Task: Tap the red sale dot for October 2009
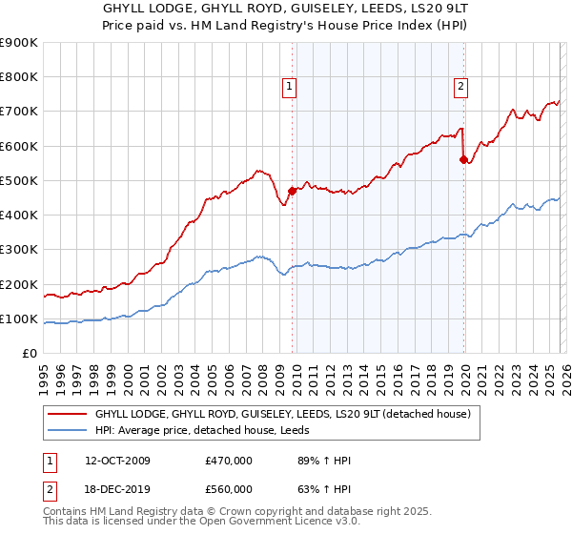[292, 191]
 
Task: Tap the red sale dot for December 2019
[463, 160]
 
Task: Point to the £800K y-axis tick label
[19, 77]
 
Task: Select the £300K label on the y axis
[19, 250]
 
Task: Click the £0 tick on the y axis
[30, 354]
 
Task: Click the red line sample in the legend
[68, 414]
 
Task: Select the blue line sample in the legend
[68, 430]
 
